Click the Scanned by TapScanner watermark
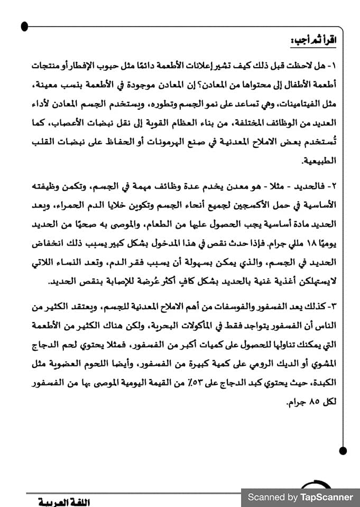click(300, 497)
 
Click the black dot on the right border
click(343, 450)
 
